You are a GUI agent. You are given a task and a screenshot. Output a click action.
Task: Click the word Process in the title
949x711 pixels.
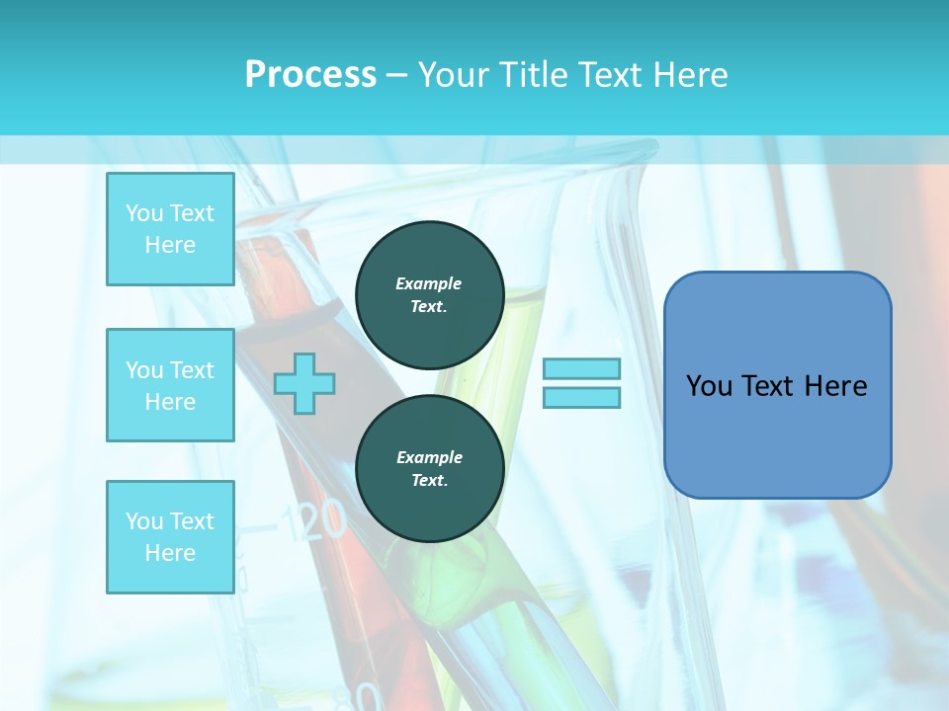pos(310,75)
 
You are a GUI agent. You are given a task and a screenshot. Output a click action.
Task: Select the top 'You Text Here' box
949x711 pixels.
pos(170,229)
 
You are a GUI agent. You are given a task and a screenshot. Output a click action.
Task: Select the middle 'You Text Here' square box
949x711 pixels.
pos(170,385)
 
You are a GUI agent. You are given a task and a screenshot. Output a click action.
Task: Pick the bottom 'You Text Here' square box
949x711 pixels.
pos(170,536)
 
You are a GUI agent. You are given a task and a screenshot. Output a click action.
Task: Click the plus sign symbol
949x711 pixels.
pos(304,383)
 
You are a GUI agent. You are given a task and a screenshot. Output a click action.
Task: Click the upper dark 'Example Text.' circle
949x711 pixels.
pos(429,294)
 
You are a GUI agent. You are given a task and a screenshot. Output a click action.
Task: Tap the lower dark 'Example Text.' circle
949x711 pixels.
pos(429,468)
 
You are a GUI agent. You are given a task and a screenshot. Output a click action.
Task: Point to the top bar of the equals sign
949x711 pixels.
pos(582,368)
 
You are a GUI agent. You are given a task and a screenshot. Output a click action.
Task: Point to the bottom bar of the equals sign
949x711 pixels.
pos(582,397)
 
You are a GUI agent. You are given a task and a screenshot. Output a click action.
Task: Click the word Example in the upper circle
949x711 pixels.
pos(429,283)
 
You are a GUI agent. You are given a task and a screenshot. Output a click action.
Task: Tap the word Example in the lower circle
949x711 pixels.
pos(429,457)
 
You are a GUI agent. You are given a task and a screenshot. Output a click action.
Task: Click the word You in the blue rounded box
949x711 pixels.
pos(709,386)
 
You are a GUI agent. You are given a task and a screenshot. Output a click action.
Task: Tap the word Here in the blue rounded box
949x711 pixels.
pos(835,386)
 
